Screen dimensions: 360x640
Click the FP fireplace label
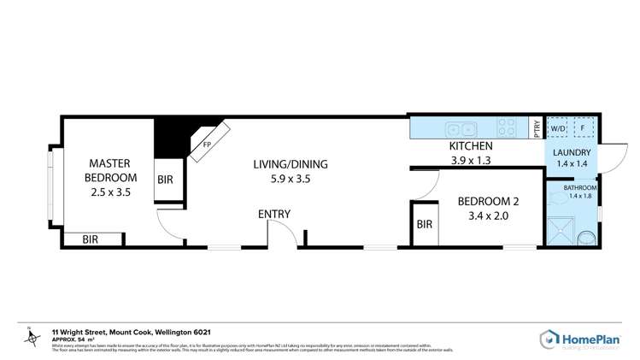point(207,145)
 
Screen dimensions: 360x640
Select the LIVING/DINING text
point(291,164)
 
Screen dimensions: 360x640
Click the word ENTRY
point(274,214)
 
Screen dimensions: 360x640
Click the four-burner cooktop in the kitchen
point(507,129)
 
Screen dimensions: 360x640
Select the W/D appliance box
point(558,128)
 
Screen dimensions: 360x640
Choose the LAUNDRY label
point(572,151)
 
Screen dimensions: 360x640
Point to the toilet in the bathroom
point(588,238)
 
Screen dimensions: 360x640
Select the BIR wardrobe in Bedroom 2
point(425,225)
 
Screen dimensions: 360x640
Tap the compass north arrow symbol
point(32,339)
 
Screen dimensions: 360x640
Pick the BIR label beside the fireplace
point(167,181)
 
